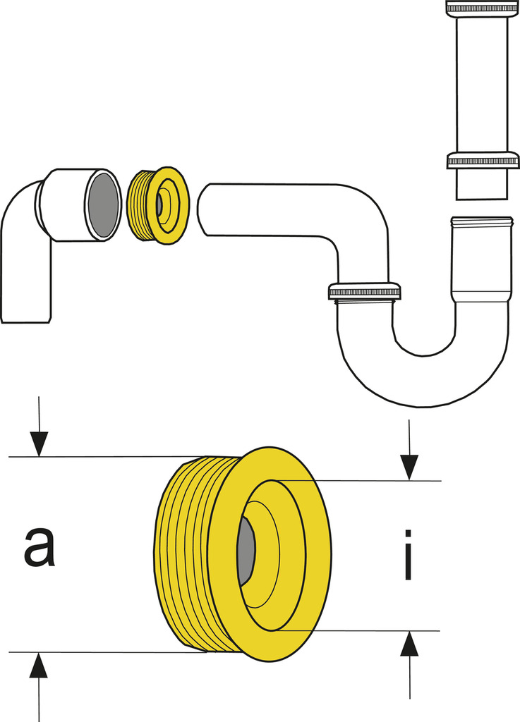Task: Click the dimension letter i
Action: coord(408,556)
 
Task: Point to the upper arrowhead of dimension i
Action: coord(409,467)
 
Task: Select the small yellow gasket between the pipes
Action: coord(159,205)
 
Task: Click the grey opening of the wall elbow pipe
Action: coord(103,204)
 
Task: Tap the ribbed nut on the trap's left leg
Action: coord(364,290)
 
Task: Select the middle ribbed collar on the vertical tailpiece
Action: coord(483,161)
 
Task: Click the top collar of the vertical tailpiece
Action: coord(483,8)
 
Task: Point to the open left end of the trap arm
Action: coord(205,209)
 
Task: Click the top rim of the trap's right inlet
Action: coord(482,221)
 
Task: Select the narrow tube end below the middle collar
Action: coord(482,185)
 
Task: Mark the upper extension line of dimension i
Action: coord(353,481)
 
